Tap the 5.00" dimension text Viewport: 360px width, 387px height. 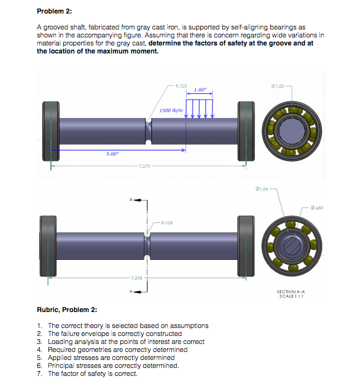[x=111, y=154]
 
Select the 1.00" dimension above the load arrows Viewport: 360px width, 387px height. [x=199, y=90]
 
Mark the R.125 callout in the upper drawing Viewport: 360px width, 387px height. [x=181, y=85]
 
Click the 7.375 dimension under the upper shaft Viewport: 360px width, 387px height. [x=145, y=166]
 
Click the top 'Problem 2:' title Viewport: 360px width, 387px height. [x=55, y=11]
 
